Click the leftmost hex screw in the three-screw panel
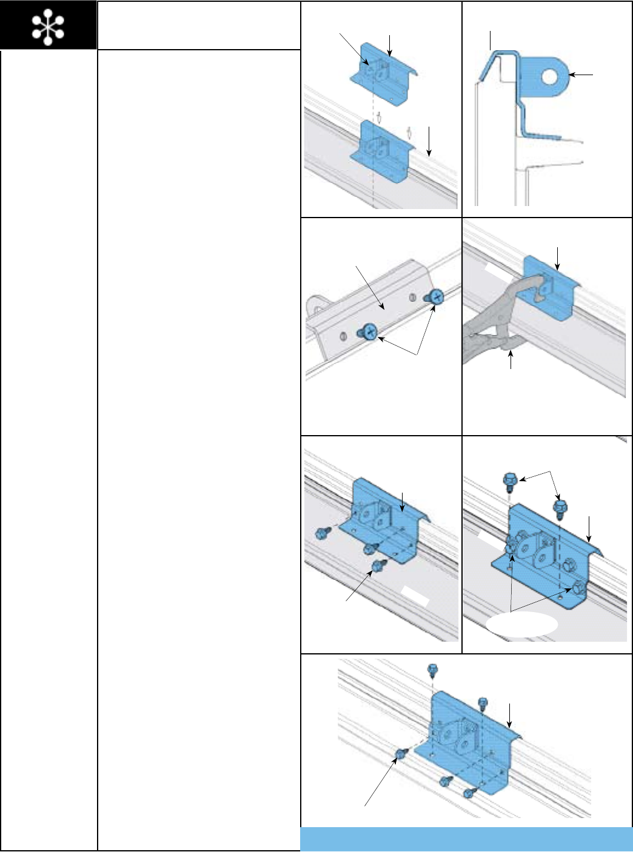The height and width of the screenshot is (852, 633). tap(321, 533)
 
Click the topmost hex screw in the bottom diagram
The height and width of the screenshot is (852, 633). tap(432, 669)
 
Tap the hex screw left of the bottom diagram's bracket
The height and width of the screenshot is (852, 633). tap(400, 754)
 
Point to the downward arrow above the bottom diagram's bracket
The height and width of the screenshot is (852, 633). tap(511, 715)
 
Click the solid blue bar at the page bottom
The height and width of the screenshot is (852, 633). tap(466, 839)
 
